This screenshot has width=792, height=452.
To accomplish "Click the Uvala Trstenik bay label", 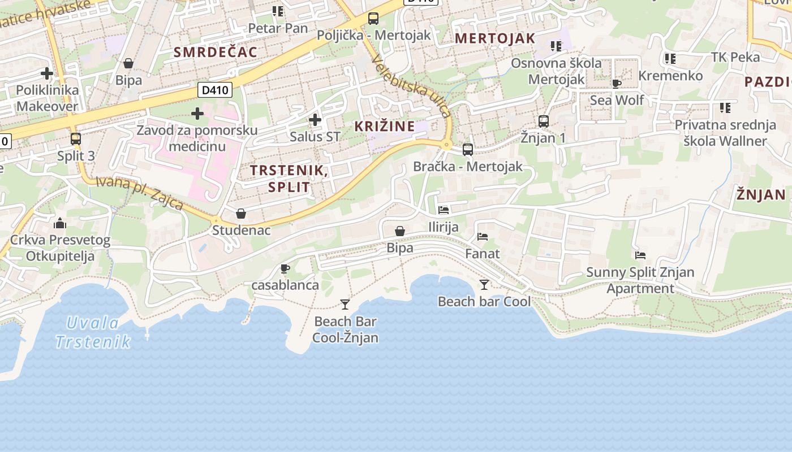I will click(93, 332).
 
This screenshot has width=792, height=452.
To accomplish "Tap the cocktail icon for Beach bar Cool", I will click(484, 284).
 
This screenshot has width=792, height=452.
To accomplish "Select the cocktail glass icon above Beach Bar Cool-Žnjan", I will click(345, 305).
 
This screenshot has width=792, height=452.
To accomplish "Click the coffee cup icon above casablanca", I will click(285, 268).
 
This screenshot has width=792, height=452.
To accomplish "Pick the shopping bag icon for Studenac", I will click(241, 214).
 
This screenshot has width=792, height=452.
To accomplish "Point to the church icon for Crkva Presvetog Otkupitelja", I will click(60, 223).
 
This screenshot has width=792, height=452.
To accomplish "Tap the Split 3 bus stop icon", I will click(75, 138).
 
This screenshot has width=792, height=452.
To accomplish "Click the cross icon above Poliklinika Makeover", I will click(47, 73).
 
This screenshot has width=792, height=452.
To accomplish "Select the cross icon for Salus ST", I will click(315, 119).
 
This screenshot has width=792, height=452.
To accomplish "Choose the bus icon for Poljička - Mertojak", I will click(373, 18).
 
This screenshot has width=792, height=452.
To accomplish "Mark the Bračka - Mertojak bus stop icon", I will click(468, 150).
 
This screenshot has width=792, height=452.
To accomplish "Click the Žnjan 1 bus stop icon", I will click(544, 121).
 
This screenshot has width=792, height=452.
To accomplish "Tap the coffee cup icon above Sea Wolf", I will click(617, 84).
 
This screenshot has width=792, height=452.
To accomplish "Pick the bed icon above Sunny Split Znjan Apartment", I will click(640, 255).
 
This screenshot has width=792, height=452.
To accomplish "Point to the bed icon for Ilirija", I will click(444, 210).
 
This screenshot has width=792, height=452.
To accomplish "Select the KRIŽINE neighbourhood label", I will click(385, 127).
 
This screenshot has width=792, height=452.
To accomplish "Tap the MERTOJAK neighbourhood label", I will click(495, 38).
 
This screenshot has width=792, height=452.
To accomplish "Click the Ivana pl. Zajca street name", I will click(139, 192).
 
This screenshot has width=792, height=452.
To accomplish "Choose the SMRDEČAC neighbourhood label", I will click(216, 53).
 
